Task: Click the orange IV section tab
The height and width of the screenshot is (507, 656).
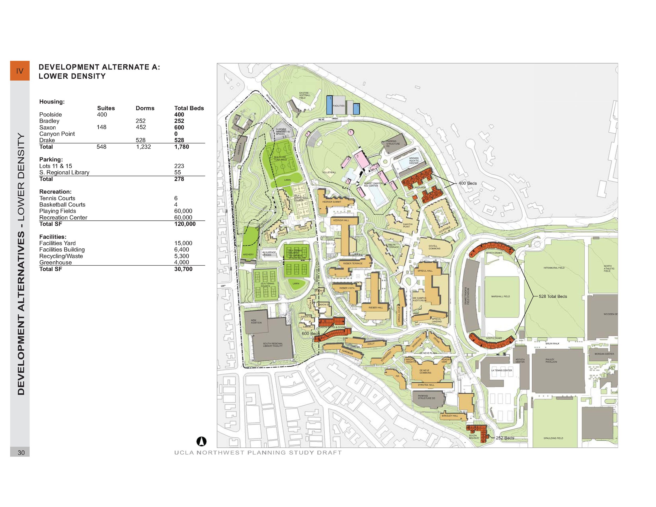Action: click(20, 71)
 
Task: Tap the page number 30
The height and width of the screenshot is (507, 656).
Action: click(21, 453)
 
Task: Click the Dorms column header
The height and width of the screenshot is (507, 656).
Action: click(145, 108)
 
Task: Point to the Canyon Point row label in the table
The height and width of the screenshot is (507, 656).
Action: click(57, 134)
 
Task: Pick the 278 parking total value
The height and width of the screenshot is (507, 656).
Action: click(179, 179)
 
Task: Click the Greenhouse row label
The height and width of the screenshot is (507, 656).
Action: click(56, 262)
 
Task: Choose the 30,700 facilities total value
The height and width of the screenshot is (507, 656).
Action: click(183, 269)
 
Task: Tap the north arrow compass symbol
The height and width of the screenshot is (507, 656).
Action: click(201, 441)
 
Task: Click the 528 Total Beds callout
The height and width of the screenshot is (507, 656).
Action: click(553, 297)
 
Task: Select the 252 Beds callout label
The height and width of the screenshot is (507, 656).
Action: click(505, 438)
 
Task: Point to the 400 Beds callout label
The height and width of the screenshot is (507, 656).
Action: click(467, 183)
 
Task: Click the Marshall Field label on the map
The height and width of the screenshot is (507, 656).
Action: click(500, 297)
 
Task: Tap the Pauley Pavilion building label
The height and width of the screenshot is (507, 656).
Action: click(551, 360)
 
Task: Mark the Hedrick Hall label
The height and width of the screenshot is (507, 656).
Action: click(341, 220)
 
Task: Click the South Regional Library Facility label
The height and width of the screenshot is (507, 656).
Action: click(273, 345)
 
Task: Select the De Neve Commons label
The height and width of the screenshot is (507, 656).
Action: click(425, 372)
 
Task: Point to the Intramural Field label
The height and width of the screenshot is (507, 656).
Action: click(554, 268)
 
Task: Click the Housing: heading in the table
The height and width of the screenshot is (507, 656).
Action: click(52, 102)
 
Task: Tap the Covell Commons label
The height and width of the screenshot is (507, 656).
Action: click(434, 247)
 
